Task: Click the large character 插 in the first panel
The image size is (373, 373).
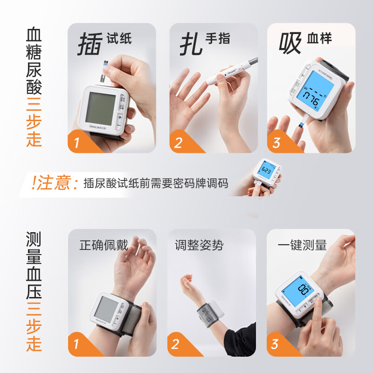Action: coord(89,44)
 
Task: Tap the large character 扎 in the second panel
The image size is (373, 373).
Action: coord(191,44)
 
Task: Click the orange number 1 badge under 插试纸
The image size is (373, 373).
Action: coord(77,142)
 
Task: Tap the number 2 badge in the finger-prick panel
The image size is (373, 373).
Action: coord(178,143)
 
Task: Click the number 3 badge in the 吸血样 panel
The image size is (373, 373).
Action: coord(276,142)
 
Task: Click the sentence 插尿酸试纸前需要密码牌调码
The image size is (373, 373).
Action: coord(156,183)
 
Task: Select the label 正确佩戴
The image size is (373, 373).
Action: coord(104,245)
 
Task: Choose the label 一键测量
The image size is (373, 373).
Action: coord(302,245)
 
